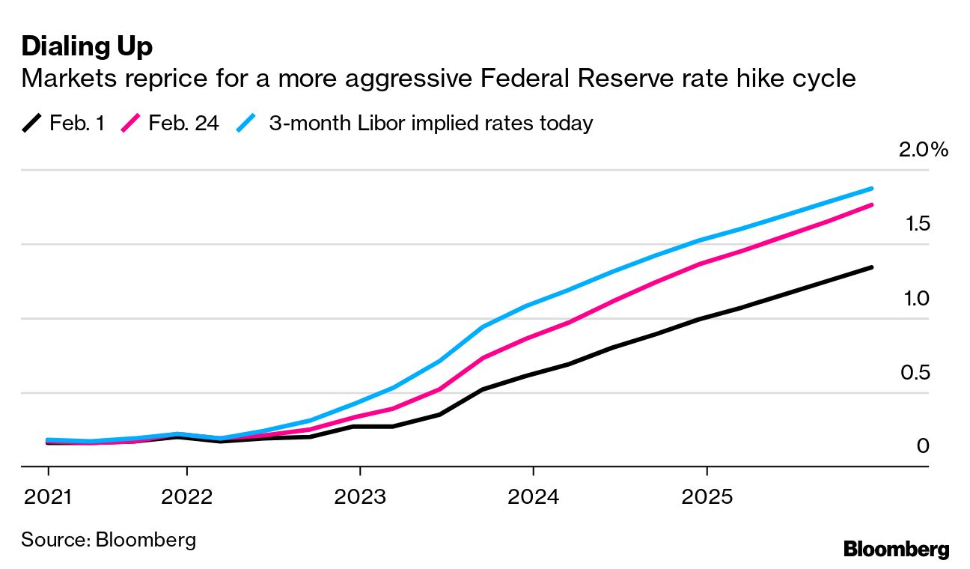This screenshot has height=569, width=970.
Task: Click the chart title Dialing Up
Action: point(87,46)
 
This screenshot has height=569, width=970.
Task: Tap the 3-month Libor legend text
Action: point(430,123)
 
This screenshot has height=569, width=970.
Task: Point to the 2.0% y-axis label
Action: point(923,150)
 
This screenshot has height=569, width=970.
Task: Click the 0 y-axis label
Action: point(922,446)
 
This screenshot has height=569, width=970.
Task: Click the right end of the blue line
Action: point(872,189)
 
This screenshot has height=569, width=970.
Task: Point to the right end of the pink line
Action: point(872,204)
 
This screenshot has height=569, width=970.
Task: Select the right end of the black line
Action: point(872,267)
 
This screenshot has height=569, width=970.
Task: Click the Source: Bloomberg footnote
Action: point(109,539)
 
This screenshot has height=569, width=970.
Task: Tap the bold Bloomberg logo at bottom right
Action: point(896,549)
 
